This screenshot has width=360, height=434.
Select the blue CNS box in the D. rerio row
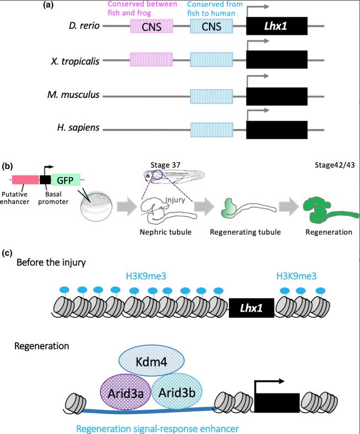tap(212, 27)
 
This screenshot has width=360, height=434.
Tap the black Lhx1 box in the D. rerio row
tap(277, 27)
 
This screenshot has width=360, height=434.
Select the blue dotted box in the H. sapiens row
tap(212, 130)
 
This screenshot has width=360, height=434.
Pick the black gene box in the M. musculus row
tap(277, 95)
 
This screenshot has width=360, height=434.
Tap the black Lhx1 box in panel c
tap(252, 306)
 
